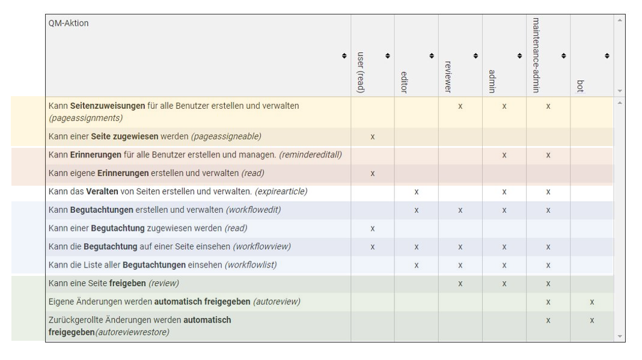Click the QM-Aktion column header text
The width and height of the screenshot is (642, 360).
(x=69, y=23)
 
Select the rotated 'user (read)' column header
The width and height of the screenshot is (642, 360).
(x=360, y=73)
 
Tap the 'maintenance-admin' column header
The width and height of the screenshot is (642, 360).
(x=536, y=55)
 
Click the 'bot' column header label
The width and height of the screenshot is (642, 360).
(x=579, y=86)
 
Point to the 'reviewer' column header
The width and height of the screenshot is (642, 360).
(x=448, y=77)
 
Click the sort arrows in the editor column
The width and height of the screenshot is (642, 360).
(x=432, y=56)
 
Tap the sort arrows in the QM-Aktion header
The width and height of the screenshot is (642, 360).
(x=344, y=56)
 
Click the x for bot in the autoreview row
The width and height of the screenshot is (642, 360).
(x=592, y=302)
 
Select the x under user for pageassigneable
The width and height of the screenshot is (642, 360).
(x=373, y=137)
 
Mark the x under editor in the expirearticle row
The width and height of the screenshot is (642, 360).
(x=417, y=192)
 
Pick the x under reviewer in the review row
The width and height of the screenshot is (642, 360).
(x=460, y=284)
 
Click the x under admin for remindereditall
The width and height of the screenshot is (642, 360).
(x=504, y=155)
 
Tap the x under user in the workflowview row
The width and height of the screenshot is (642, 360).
(x=373, y=247)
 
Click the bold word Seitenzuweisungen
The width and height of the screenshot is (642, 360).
(x=108, y=106)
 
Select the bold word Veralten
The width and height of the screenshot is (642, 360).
(x=102, y=191)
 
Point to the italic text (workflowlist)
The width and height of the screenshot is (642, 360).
(x=251, y=265)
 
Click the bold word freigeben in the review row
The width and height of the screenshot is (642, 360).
(x=127, y=284)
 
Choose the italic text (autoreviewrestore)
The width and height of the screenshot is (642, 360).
(x=132, y=332)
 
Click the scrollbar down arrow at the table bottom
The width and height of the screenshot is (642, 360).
(x=620, y=337)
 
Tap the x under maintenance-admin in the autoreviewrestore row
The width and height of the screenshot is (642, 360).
(x=548, y=321)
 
